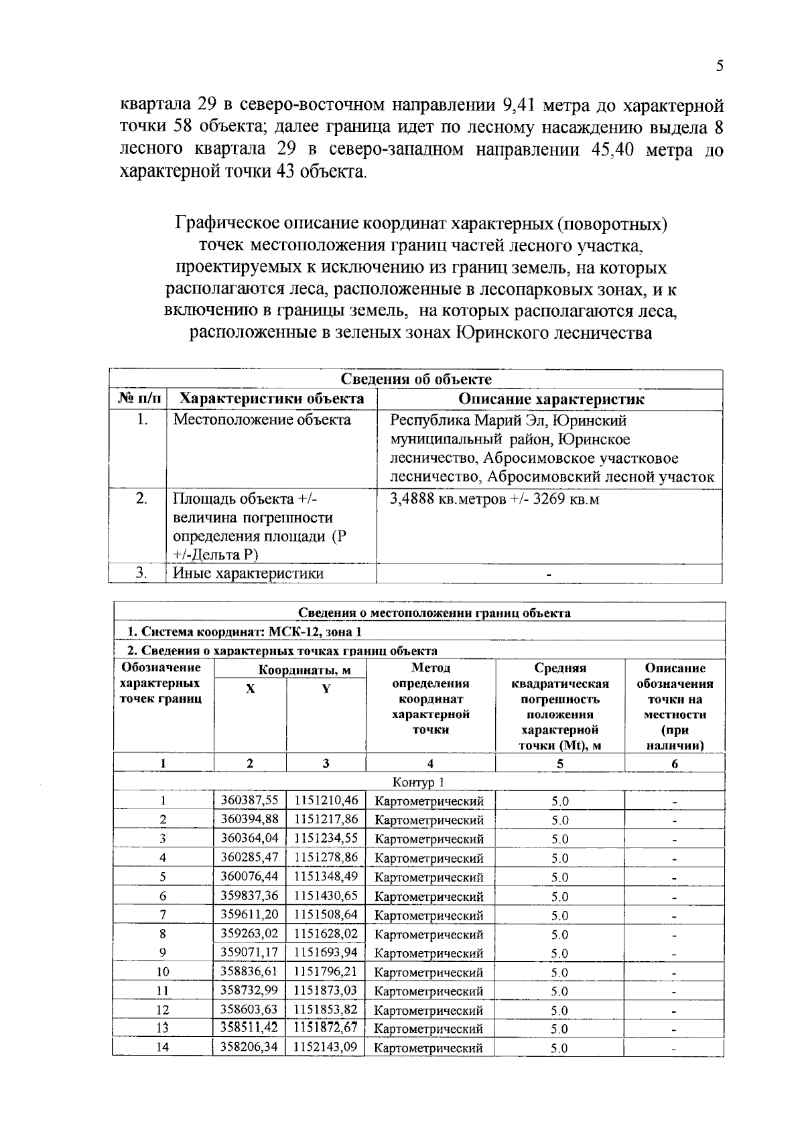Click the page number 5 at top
[x=720, y=66]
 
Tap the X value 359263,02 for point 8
[x=249, y=934]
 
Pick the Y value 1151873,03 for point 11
[x=326, y=991]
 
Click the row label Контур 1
[x=418, y=782]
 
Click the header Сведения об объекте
[x=416, y=379]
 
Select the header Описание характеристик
[x=551, y=399]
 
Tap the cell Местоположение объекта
[x=262, y=420]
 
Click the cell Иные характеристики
[x=248, y=573]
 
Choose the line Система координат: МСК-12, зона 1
[x=245, y=632]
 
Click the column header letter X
[x=250, y=689]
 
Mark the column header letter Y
[x=326, y=689]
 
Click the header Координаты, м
[x=304, y=670]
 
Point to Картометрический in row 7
[x=429, y=916]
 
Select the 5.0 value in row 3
[x=560, y=839]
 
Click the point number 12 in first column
[x=163, y=1010]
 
